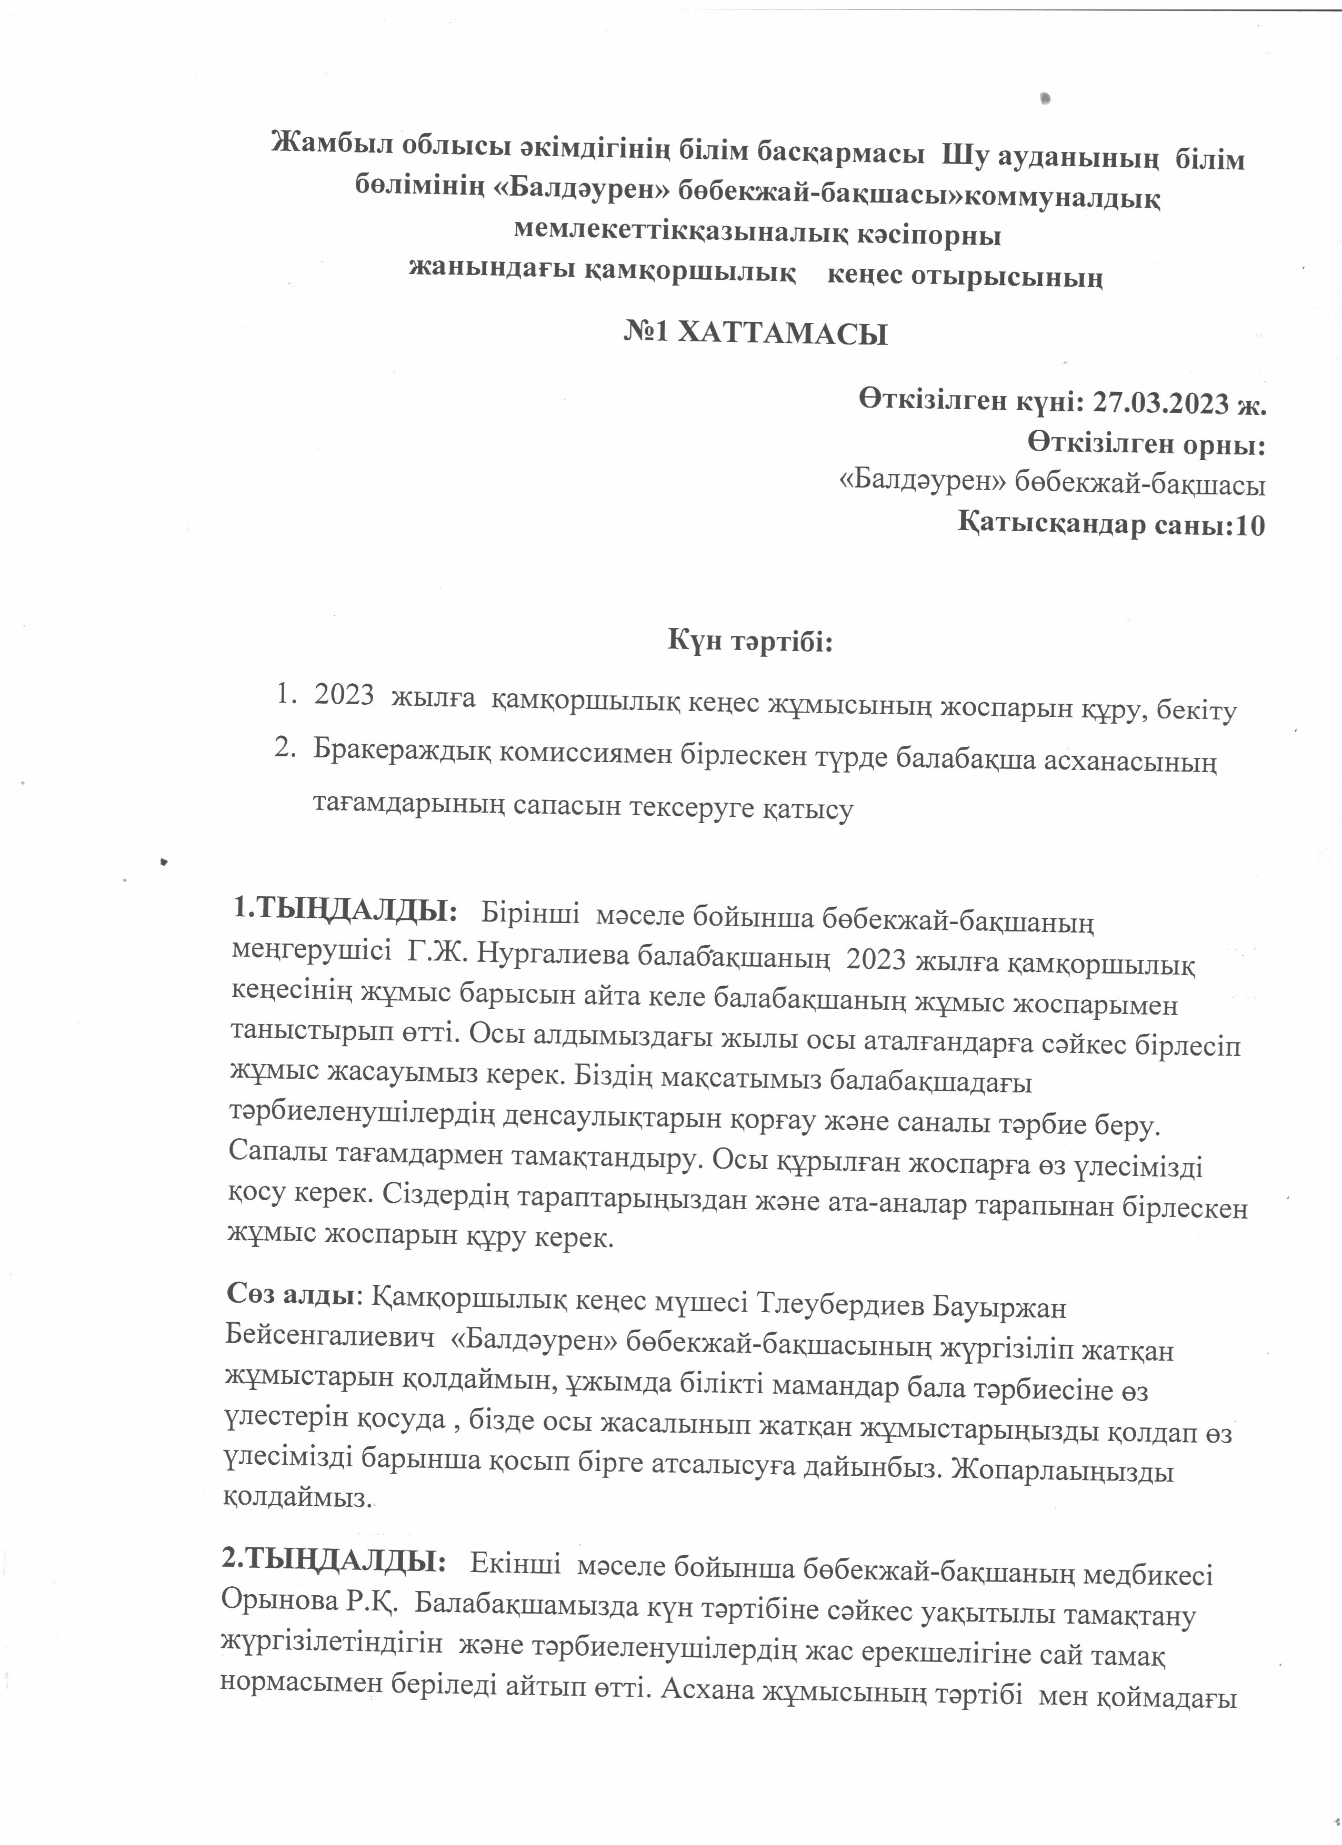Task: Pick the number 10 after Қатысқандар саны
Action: coord(1249,525)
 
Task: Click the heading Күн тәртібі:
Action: coord(750,642)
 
